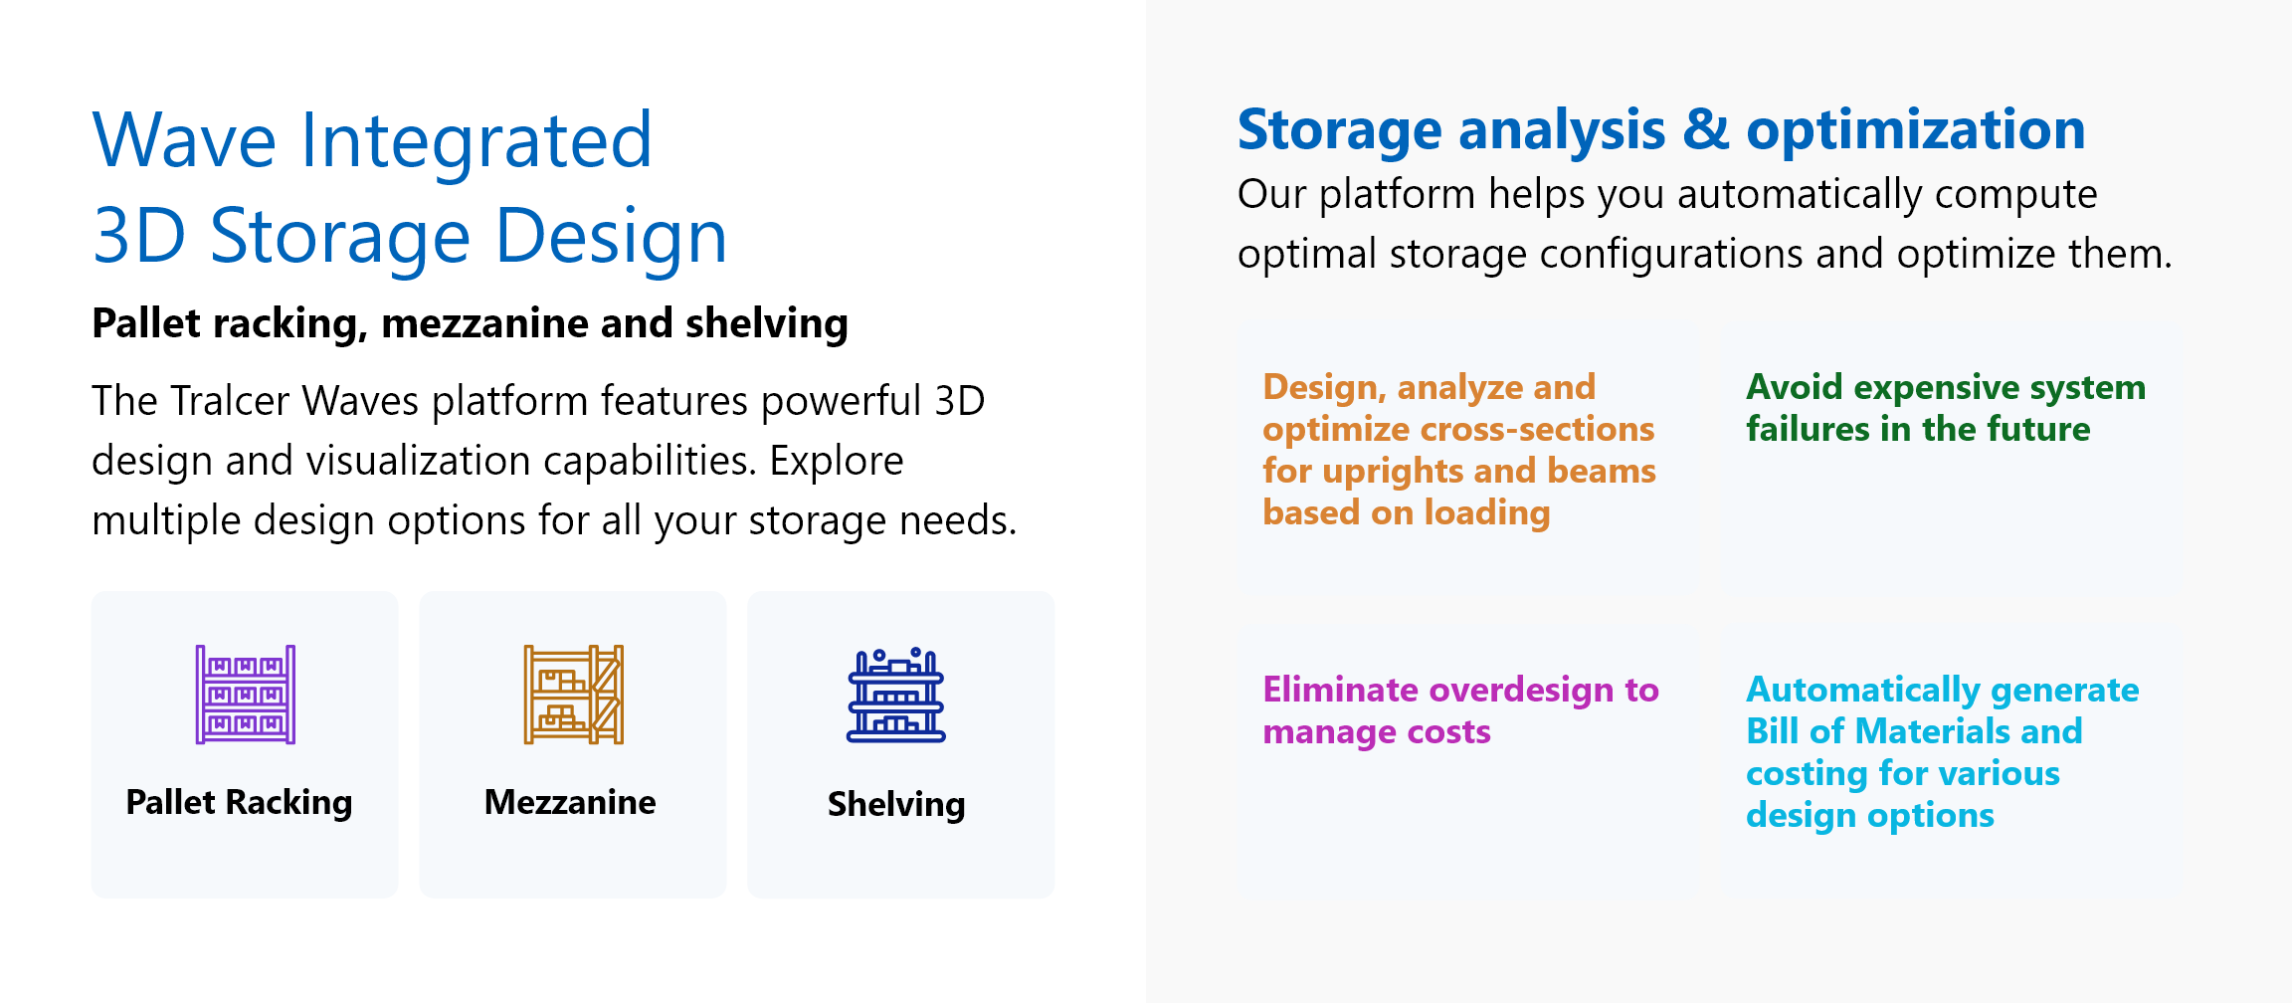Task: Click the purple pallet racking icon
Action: coord(246,695)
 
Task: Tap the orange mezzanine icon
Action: coord(574,695)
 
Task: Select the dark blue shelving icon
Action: coord(896,695)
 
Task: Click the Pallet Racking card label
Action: coord(239,802)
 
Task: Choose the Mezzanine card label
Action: coord(570,802)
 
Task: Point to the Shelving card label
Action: coord(896,804)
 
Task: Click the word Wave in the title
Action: coord(184,140)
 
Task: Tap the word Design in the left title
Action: coord(611,237)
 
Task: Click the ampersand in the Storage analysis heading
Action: coord(1706,130)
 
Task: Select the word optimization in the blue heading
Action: coord(1916,130)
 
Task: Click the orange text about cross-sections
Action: coord(1459,450)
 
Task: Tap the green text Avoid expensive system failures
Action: coord(1946,408)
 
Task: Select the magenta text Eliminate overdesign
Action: coord(1460,710)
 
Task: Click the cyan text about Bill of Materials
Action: coord(1942,752)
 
